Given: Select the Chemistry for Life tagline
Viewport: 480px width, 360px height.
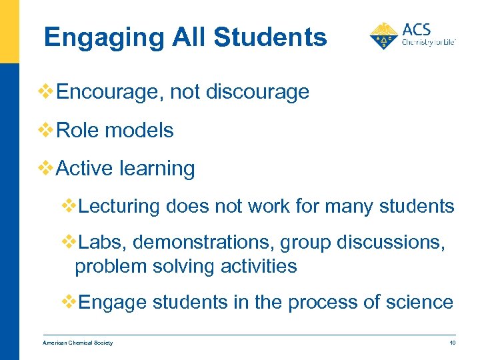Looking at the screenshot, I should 428,42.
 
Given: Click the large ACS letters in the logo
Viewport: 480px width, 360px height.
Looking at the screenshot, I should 417,29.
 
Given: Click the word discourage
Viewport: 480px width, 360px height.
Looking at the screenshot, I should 258,92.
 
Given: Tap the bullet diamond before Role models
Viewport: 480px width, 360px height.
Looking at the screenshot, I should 47,130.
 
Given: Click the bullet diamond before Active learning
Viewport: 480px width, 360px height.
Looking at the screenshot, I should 47,169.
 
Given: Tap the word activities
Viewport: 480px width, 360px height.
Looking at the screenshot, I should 261,267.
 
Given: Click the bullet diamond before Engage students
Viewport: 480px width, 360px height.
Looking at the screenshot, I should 69,302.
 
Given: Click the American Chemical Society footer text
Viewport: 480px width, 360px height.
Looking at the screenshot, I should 78,343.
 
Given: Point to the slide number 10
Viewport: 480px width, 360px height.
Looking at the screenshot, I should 451,343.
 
